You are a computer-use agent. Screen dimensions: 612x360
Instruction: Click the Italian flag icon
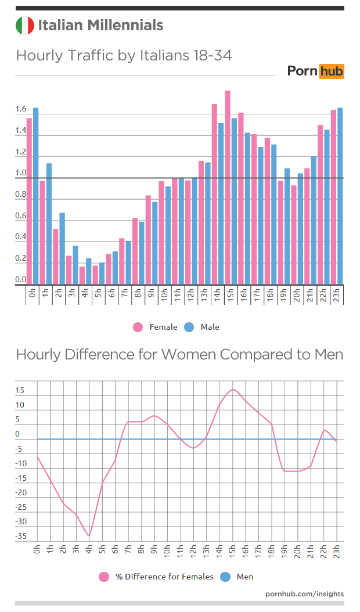point(25,26)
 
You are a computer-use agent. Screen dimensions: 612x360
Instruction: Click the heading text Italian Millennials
point(100,26)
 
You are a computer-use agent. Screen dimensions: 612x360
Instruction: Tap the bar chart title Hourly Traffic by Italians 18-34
point(124,56)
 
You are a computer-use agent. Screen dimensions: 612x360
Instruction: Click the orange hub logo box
point(332,71)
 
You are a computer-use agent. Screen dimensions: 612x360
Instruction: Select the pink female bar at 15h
point(228,188)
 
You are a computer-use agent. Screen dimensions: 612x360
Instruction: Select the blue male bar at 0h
point(36,196)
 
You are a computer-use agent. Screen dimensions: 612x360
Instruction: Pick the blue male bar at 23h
point(340,196)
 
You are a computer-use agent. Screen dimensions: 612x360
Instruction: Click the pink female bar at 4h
point(82,275)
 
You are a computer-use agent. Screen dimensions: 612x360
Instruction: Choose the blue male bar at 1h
point(49,224)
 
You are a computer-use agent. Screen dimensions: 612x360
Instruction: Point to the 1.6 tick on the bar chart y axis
point(21,109)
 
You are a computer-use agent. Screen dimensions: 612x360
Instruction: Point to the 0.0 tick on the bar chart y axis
point(21,280)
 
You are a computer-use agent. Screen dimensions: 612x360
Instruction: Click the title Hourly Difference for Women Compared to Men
point(179,354)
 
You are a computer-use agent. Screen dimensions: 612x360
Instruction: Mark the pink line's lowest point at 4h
point(89,536)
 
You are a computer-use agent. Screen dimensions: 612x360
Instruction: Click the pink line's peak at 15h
point(233,390)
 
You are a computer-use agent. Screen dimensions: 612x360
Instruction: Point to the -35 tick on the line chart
point(21,537)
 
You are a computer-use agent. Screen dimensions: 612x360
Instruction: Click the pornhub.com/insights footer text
point(304,593)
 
